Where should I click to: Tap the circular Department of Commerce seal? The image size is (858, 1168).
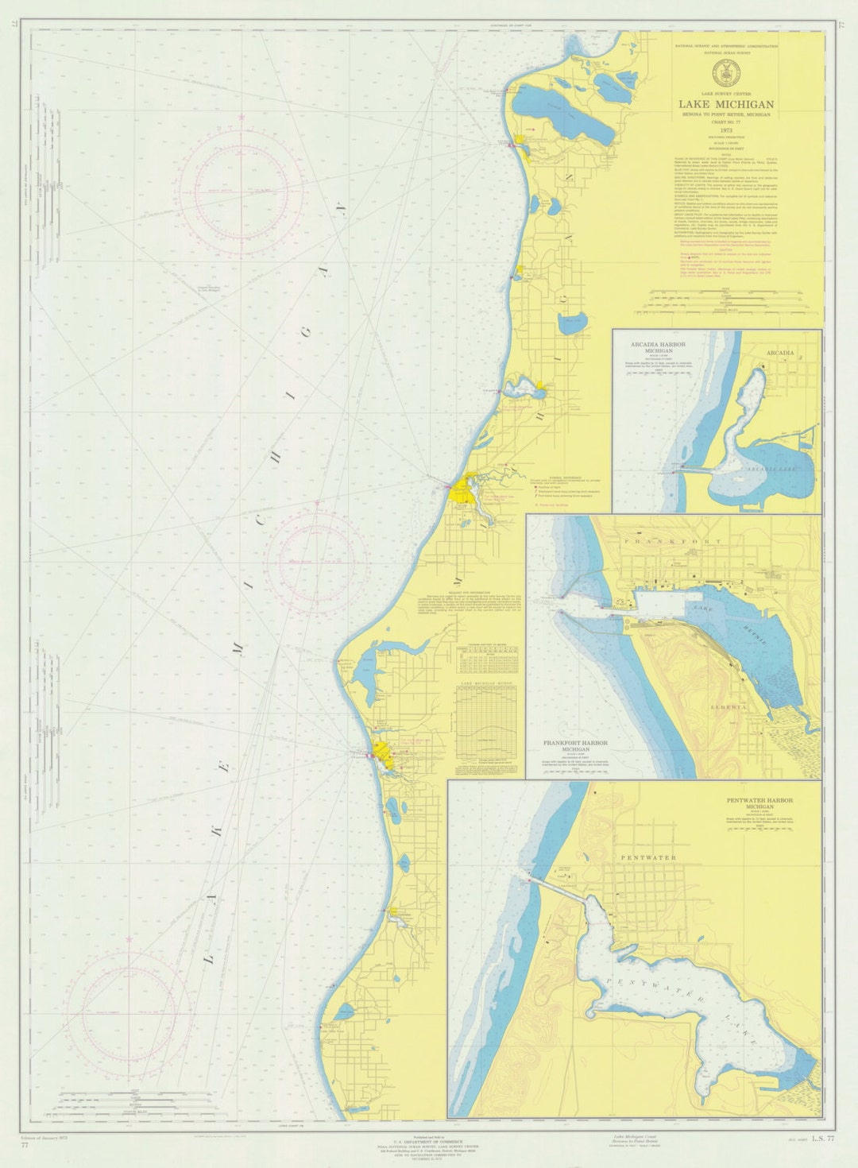pyautogui.click(x=725, y=72)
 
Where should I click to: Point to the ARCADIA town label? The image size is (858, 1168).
pyautogui.click(x=779, y=352)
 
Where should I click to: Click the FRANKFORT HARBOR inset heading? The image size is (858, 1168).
pyautogui.click(x=575, y=743)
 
